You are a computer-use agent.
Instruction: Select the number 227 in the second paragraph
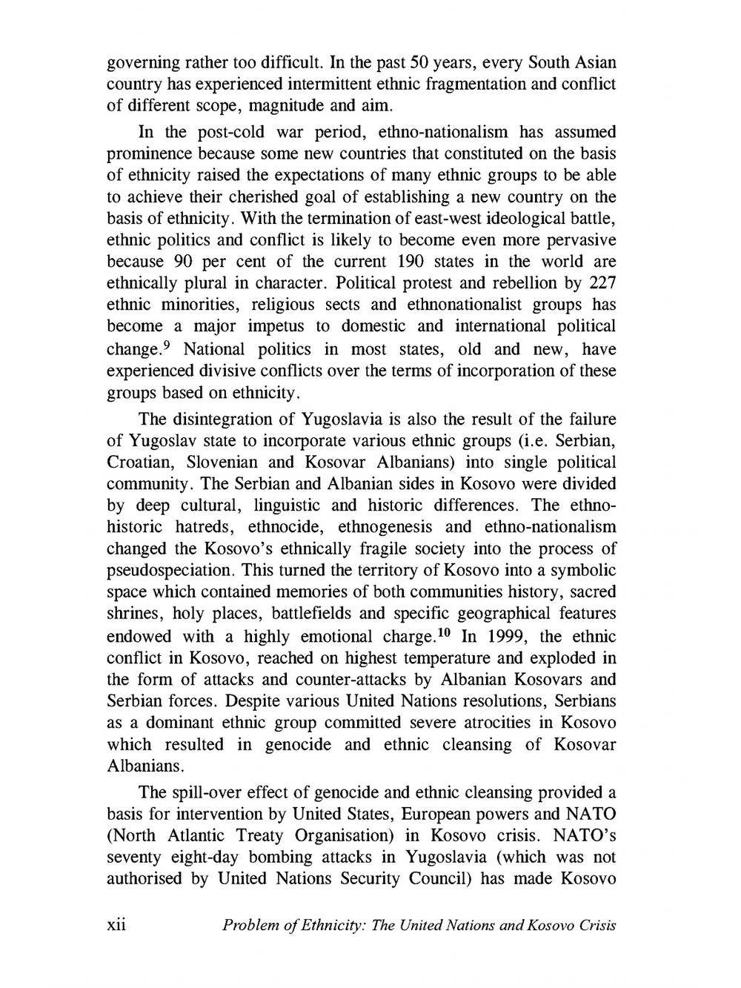pos(602,283)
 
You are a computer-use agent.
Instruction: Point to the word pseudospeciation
pos(170,571)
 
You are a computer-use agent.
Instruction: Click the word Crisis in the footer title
pos(594,926)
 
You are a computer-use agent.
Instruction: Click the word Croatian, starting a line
pos(142,462)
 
